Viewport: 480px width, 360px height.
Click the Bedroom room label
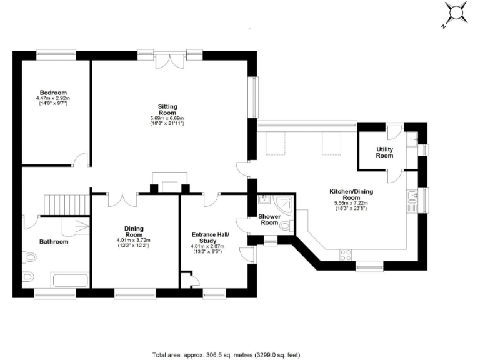[52, 92]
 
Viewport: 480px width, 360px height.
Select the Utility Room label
[384, 152]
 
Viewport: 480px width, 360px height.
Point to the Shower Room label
[269, 219]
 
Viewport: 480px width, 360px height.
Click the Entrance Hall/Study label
[210, 237]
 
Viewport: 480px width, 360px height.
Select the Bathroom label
[53, 242]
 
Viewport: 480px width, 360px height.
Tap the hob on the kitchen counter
[345, 254]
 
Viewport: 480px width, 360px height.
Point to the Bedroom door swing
[79, 161]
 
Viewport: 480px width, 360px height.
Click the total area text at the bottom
[230, 354]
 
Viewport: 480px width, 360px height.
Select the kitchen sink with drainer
[412, 198]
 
